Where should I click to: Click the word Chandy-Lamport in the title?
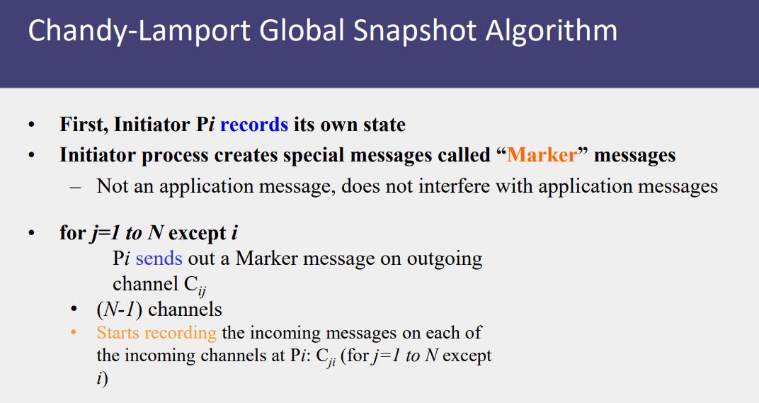(x=139, y=31)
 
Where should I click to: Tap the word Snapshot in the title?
(x=415, y=31)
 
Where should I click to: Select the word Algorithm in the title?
(x=552, y=30)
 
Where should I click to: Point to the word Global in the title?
(x=302, y=30)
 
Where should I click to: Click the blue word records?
(x=254, y=125)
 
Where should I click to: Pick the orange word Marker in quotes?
(x=542, y=155)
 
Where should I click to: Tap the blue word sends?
(x=159, y=259)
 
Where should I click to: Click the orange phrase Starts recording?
(x=156, y=334)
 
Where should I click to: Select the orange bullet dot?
(x=74, y=333)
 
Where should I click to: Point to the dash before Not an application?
(x=75, y=188)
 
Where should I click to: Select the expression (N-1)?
(x=119, y=310)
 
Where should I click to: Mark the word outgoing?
(x=445, y=259)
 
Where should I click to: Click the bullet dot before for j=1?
(x=32, y=233)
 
